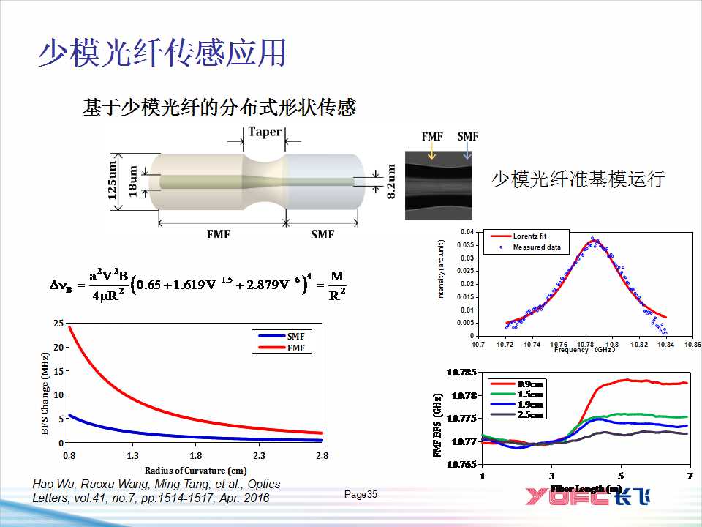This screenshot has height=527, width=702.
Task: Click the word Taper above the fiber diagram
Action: (x=264, y=132)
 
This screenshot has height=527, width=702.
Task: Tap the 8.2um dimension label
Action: (x=391, y=181)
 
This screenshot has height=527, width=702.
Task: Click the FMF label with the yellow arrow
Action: (x=432, y=137)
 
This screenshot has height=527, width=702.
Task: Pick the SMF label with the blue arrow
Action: (x=467, y=137)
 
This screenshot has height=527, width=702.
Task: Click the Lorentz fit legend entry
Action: (x=529, y=236)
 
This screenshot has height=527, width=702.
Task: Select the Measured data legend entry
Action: (x=536, y=247)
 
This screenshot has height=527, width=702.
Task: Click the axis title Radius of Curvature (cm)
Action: (x=195, y=470)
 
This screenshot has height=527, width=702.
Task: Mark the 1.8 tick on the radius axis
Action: (x=195, y=455)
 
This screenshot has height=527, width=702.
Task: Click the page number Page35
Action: (x=361, y=495)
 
